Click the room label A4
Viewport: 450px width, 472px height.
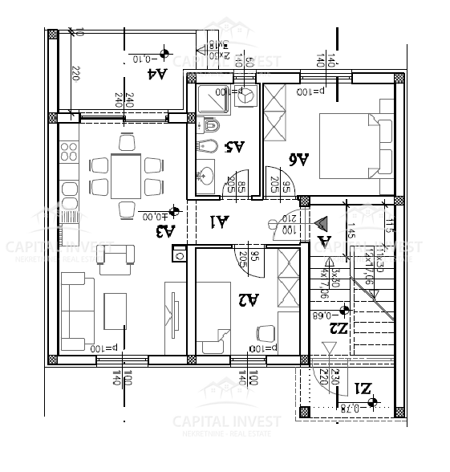158,74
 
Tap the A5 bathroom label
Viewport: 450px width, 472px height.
235,146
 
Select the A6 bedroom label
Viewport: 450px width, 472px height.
298,159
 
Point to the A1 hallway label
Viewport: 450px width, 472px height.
219,221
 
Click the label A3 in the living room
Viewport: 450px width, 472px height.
164,232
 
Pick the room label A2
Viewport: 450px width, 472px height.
249,299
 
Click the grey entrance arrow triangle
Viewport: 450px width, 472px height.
323,222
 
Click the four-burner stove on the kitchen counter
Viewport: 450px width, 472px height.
67,152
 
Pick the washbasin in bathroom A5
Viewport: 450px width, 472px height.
205,175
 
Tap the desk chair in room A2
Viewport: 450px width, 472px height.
264,332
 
